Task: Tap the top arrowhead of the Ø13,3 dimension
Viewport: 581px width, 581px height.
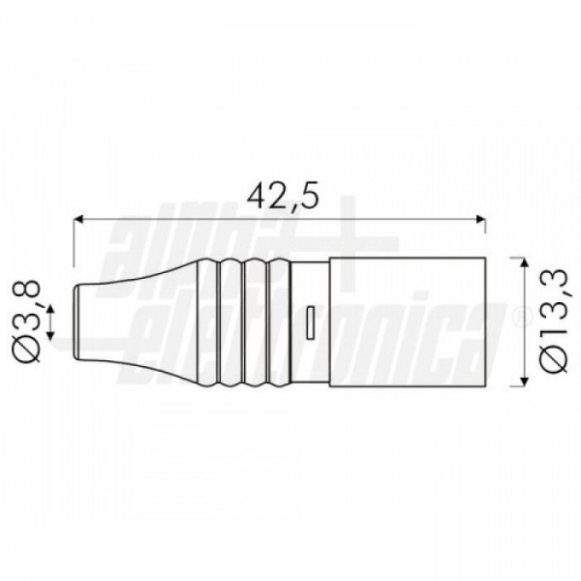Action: (x=524, y=263)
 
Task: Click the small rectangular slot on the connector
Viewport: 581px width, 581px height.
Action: (x=311, y=322)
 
